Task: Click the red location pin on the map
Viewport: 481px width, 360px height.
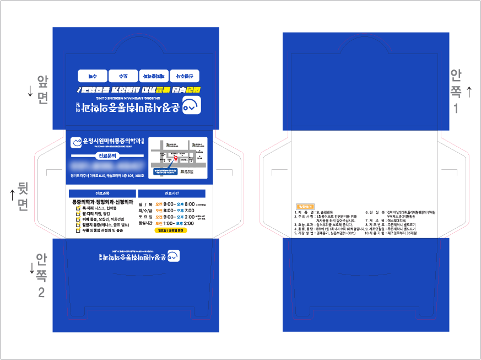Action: point(176,158)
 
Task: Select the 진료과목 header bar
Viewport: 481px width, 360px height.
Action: point(102,194)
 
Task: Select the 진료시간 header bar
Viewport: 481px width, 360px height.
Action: point(171,194)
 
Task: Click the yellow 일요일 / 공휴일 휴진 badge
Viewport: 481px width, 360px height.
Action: point(171,231)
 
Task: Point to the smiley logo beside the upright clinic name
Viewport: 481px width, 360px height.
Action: point(76,142)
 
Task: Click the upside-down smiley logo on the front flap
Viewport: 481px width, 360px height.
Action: point(191,105)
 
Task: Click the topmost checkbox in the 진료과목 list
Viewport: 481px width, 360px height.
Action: point(78,208)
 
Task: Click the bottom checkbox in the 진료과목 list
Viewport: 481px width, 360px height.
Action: point(78,230)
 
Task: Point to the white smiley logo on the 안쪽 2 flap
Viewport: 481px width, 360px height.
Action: point(174,256)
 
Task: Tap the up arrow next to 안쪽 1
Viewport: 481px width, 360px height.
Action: point(469,91)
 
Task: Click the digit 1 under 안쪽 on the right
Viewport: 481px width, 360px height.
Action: point(456,108)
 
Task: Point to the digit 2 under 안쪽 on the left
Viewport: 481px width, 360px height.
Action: point(41,293)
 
